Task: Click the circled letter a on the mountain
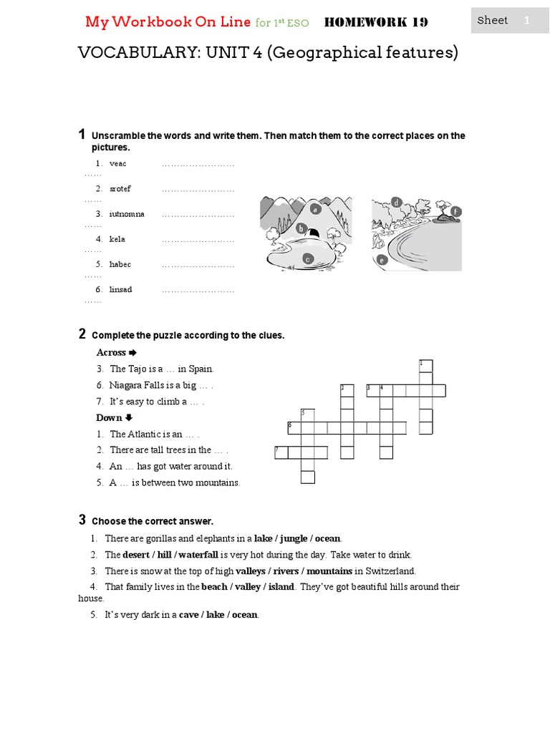point(314,210)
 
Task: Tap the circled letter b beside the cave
point(301,229)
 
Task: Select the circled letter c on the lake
point(307,259)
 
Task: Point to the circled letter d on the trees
point(395,203)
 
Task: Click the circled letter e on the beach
point(382,261)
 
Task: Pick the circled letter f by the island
point(455,211)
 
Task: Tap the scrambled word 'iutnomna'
point(127,214)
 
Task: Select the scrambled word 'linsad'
point(120,289)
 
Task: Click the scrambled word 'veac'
point(117,164)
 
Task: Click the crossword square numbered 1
point(426,366)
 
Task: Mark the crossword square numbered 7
point(281,452)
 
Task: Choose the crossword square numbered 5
point(307,415)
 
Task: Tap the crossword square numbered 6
point(294,427)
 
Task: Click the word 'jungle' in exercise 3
point(294,538)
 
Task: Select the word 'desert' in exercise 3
point(136,555)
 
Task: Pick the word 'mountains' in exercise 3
point(328,571)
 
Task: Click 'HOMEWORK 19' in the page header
point(376,22)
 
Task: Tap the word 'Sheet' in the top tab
point(493,20)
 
